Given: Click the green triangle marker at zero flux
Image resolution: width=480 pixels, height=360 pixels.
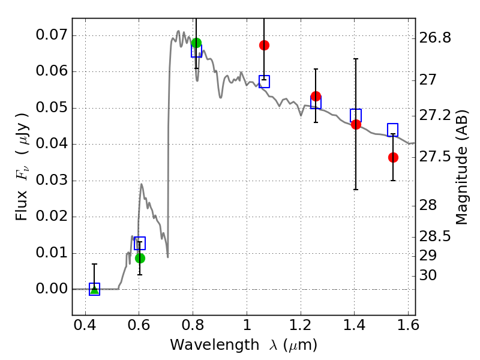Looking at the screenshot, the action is [x=95, y=290].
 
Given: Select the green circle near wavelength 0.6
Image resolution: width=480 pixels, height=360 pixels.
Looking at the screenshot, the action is [x=140, y=259].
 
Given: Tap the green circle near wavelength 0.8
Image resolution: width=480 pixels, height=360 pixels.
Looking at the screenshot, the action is [x=196, y=43].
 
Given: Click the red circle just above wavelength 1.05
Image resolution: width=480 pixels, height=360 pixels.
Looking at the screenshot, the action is [x=264, y=46].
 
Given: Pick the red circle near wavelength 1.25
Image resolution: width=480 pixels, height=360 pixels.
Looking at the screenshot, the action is [x=316, y=96].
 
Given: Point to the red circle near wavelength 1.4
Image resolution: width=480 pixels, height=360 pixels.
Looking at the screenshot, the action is [x=356, y=124].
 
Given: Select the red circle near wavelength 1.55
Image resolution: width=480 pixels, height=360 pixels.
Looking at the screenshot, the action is [x=393, y=157].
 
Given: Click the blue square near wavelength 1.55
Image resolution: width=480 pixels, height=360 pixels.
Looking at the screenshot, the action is [x=392, y=130].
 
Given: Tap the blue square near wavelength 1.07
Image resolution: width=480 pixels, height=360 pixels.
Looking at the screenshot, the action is [x=264, y=82].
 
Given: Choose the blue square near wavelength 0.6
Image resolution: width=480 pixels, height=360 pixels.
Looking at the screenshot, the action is [x=140, y=243].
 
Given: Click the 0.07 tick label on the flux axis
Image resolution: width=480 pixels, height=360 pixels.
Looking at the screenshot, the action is [x=51, y=35].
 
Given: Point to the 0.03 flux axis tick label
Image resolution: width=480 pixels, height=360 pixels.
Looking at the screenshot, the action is [x=51, y=180].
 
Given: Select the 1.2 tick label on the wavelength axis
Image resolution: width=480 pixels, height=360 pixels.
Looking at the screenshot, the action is [x=301, y=325].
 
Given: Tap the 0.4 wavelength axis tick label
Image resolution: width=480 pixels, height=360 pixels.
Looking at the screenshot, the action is [x=85, y=325].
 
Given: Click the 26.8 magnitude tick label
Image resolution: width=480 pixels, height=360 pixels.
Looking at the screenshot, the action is [x=435, y=38].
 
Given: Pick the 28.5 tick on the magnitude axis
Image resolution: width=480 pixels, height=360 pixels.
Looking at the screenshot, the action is [x=435, y=236].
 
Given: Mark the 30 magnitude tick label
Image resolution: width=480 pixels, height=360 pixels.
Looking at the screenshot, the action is [x=428, y=275].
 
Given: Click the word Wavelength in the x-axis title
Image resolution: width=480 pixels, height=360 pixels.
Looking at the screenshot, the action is [x=215, y=345].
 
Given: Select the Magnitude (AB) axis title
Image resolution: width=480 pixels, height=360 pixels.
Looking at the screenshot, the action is [x=462, y=167].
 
